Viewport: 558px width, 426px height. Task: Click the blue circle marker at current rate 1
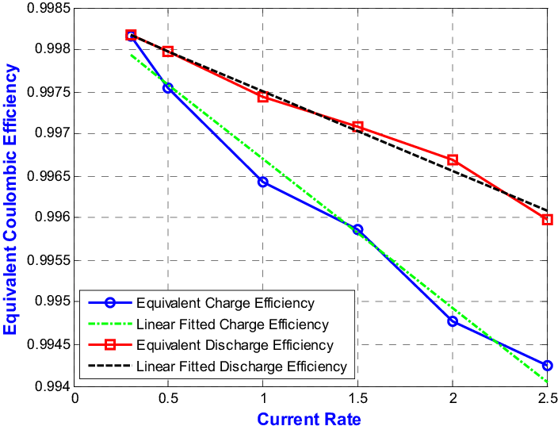click(263, 182)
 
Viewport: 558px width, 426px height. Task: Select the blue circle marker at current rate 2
click(453, 321)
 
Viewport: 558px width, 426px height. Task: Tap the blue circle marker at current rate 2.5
click(547, 365)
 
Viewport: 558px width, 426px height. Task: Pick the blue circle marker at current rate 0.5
click(168, 88)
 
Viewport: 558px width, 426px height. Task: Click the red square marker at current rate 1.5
click(357, 127)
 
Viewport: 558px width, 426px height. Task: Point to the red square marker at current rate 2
click(453, 159)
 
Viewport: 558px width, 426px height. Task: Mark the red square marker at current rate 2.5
click(547, 219)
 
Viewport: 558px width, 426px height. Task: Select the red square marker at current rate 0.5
click(168, 52)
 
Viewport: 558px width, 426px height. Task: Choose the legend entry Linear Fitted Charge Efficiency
click(231, 324)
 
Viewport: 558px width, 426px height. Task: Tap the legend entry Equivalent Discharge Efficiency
click(235, 345)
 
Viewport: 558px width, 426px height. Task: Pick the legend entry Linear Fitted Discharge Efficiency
click(241, 367)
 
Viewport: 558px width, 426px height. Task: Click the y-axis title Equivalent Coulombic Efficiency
click(10, 200)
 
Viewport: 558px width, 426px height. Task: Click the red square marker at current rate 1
click(263, 97)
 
